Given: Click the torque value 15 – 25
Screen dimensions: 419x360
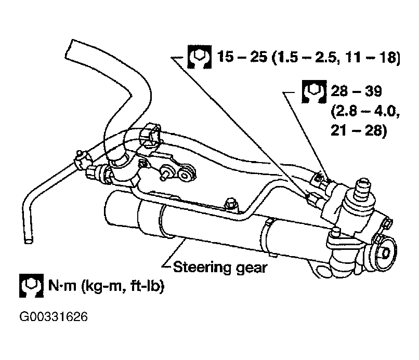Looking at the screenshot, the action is [242, 57].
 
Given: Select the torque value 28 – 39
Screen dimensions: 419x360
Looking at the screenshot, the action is [356, 91].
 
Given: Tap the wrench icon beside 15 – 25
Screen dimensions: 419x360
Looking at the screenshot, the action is [199, 57].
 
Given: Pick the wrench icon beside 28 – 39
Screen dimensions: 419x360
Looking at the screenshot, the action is [314, 91].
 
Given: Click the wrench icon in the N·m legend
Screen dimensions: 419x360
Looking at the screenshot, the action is [31, 286].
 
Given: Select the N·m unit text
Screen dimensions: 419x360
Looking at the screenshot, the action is [62, 286].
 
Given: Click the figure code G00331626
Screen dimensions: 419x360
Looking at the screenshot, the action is [54, 317].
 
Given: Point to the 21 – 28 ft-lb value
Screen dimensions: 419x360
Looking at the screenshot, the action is [359, 131].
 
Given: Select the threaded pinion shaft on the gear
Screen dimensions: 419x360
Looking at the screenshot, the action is [362, 189].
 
